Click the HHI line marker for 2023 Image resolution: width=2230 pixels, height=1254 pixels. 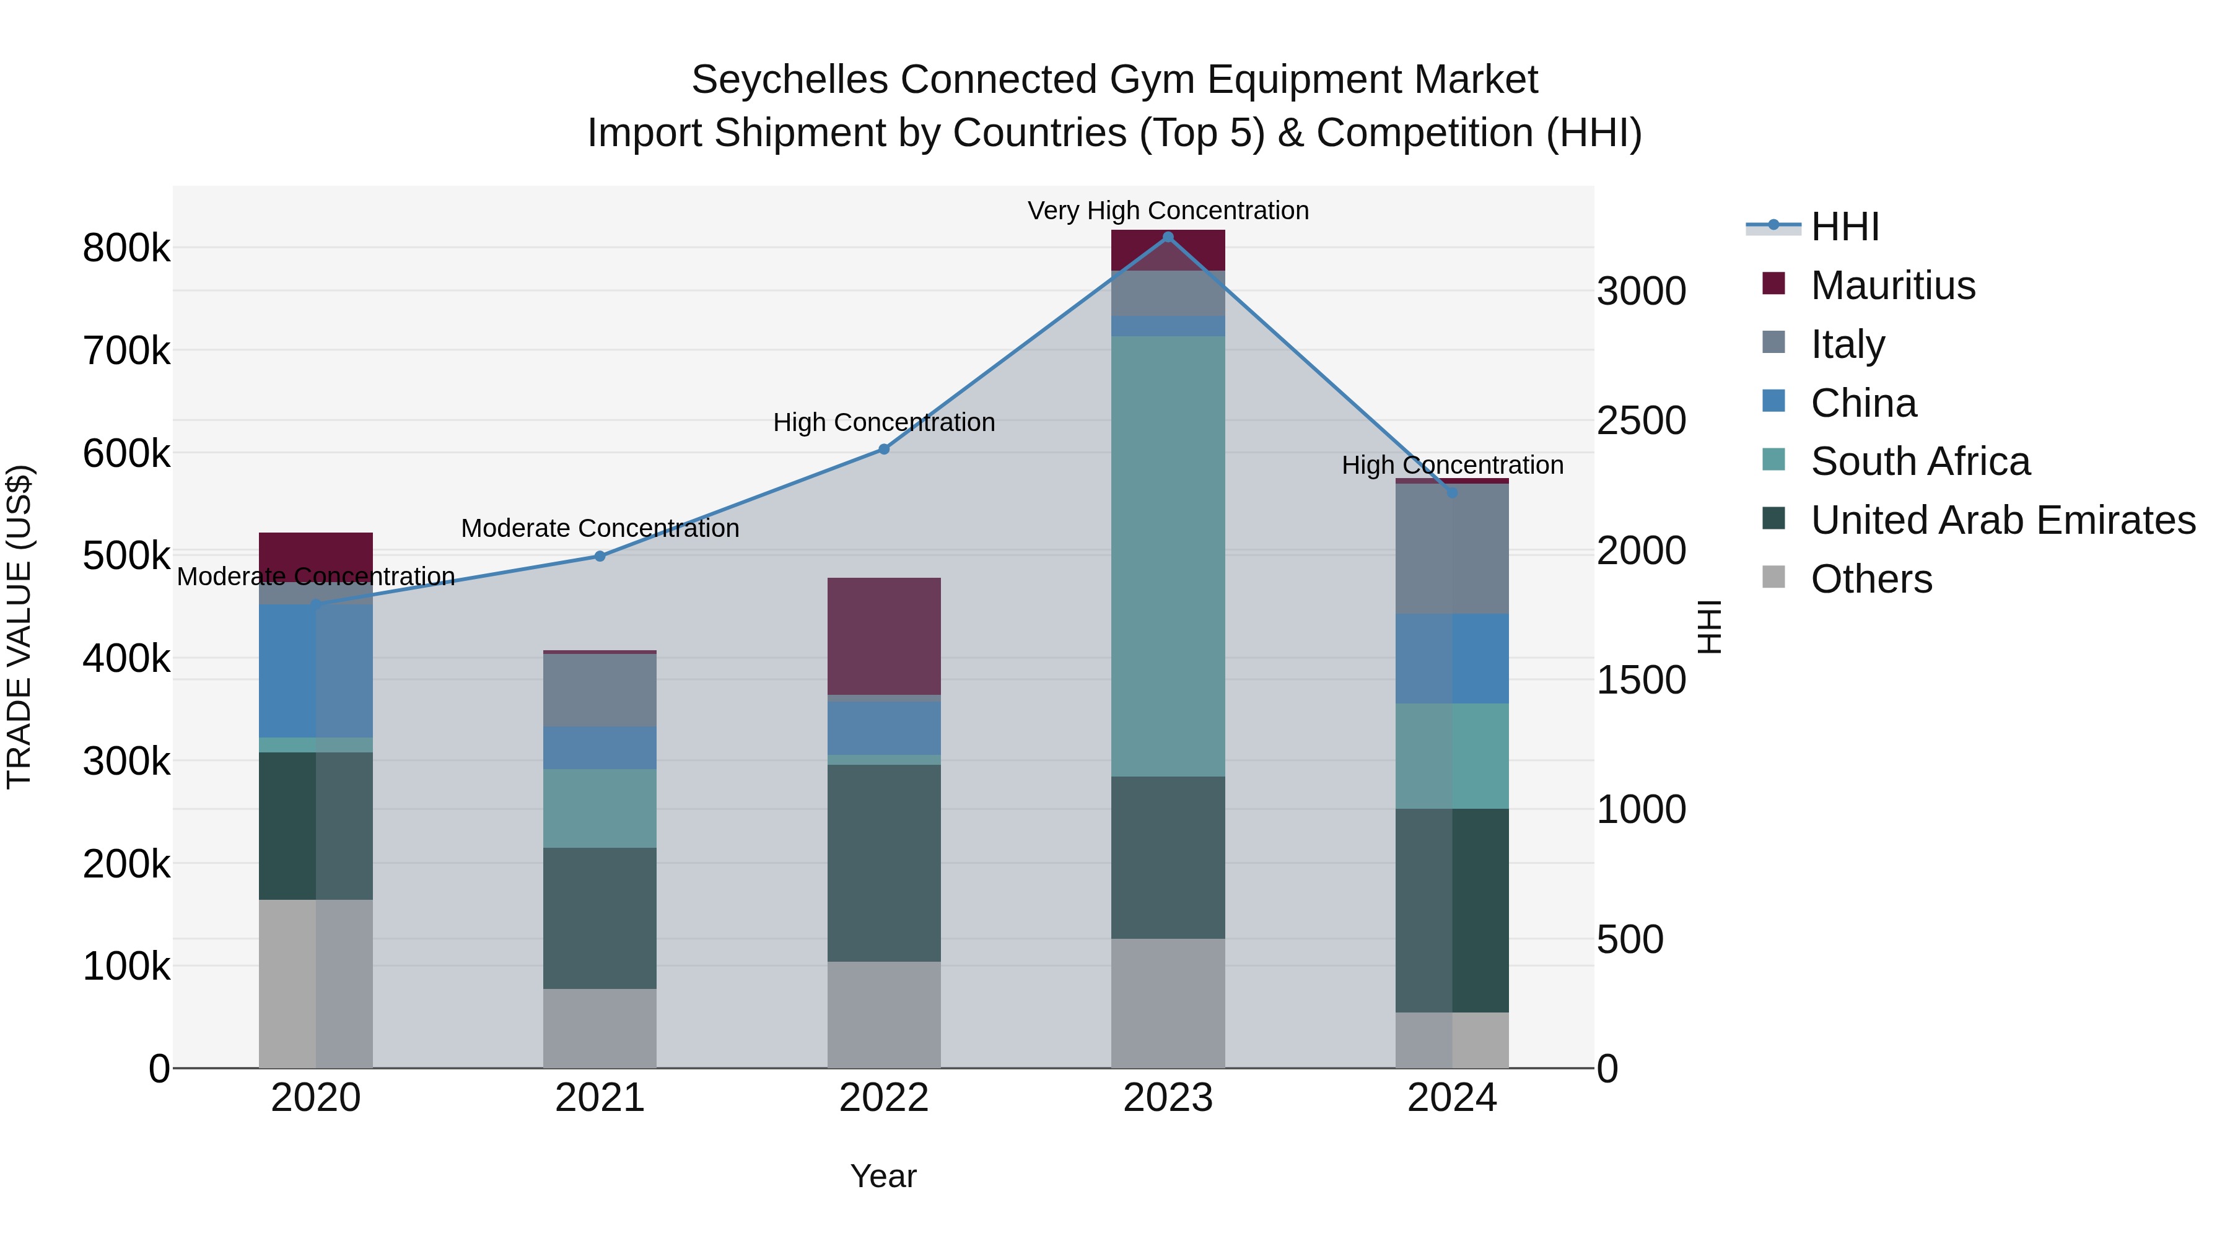pyautogui.click(x=1168, y=237)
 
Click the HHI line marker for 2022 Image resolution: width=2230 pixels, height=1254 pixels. pyautogui.click(x=884, y=449)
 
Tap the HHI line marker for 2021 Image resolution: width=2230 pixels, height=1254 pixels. pyautogui.click(x=600, y=557)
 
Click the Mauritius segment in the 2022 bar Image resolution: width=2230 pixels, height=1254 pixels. pyautogui.click(x=884, y=636)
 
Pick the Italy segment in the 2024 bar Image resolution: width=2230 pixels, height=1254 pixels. pyautogui.click(x=1452, y=549)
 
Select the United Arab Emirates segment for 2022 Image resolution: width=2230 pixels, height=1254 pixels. pyautogui.click(x=884, y=863)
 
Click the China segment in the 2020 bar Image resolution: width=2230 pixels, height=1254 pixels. pyautogui.click(x=316, y=671)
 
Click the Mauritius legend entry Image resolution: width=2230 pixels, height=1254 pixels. pyautogui.click(x=1892, y=285)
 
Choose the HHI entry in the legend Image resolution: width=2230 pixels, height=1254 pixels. pyautogui.click(x=1844, y=227)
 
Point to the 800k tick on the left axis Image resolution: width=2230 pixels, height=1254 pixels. pyautogui.click(x=126, y=248)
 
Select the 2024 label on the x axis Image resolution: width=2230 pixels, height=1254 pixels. pyautogui.click(x=1452, y=1098)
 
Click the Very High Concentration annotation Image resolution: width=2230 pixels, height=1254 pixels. pyautogui.click(x=1168, y=211)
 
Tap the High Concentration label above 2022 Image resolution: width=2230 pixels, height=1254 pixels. pyautogui.click(x=884, y=422)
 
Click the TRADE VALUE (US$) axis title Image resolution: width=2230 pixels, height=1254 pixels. pyautogui.click(x=19, y=627)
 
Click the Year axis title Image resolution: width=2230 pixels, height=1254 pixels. pyautogui.click(x=883, y=1176)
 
